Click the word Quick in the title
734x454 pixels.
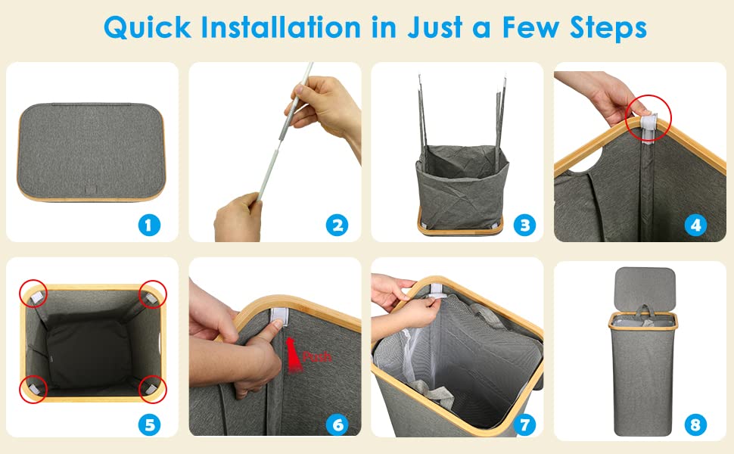pyautogui.click(x=148, y=27)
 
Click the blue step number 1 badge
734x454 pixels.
pyautogui.click(x=149, y=225)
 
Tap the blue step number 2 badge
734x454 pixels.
pyautogui.click(x=337, y=225)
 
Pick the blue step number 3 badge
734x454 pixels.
pyautogui.click(x=524, y=225)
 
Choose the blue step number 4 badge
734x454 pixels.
pyautogui.click(x=695, y=225)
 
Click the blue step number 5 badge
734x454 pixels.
pyautogui.click(x=149, y=424)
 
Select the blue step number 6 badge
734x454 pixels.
pyautogui.click(x=337, y=424)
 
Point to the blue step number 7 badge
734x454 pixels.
pyautogui.click(x=524, y=424)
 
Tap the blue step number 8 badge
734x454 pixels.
pyautogui.click(x=695, y=424)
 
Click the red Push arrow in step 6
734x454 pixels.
pyautogui.click(x=294, y=355)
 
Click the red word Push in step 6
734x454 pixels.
pyautogui.click(x=317, y=356)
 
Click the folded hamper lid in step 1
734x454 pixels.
pyautogui.click(x=92, y=152)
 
